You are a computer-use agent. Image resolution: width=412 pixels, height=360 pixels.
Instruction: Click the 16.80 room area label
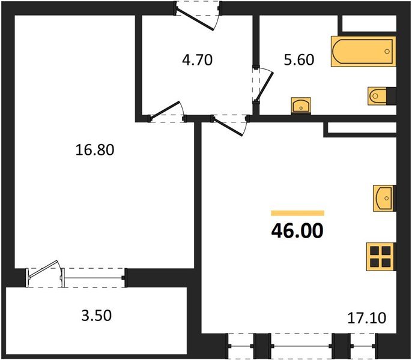(95, 150)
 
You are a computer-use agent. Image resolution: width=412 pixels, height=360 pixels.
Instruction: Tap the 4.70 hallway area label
(198, 60)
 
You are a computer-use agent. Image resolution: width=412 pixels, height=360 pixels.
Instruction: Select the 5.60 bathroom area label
(298, 60)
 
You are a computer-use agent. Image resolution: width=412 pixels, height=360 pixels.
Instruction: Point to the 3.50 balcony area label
(97, 315)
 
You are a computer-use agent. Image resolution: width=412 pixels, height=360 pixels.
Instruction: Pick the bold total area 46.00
(297, 230)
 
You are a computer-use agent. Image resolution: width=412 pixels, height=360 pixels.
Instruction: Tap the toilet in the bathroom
(377, 95)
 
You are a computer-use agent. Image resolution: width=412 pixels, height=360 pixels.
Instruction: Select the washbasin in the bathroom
(300, 106)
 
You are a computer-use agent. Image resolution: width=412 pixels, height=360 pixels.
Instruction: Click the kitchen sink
(383, 196)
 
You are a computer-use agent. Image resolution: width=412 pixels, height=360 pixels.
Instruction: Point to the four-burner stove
(380, 256)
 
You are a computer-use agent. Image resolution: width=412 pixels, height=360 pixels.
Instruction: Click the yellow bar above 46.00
(297, 213)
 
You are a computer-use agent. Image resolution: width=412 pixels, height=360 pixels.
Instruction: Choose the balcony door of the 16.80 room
(46, 274)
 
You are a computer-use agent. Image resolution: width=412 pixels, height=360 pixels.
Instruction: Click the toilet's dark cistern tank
(391, 95)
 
